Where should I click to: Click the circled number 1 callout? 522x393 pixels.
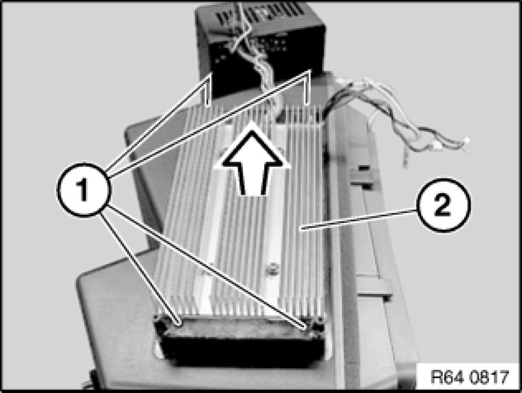84,190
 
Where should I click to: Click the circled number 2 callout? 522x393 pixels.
444,205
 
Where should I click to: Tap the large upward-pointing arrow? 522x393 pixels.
252,159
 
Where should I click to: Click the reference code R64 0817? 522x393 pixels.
470,377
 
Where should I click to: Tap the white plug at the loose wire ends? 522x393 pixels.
465,145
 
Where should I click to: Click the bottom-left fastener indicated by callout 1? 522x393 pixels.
179,322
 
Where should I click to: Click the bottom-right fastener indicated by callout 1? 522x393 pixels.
304,326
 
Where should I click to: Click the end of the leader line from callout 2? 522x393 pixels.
299,228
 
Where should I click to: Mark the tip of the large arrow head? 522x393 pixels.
252,123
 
